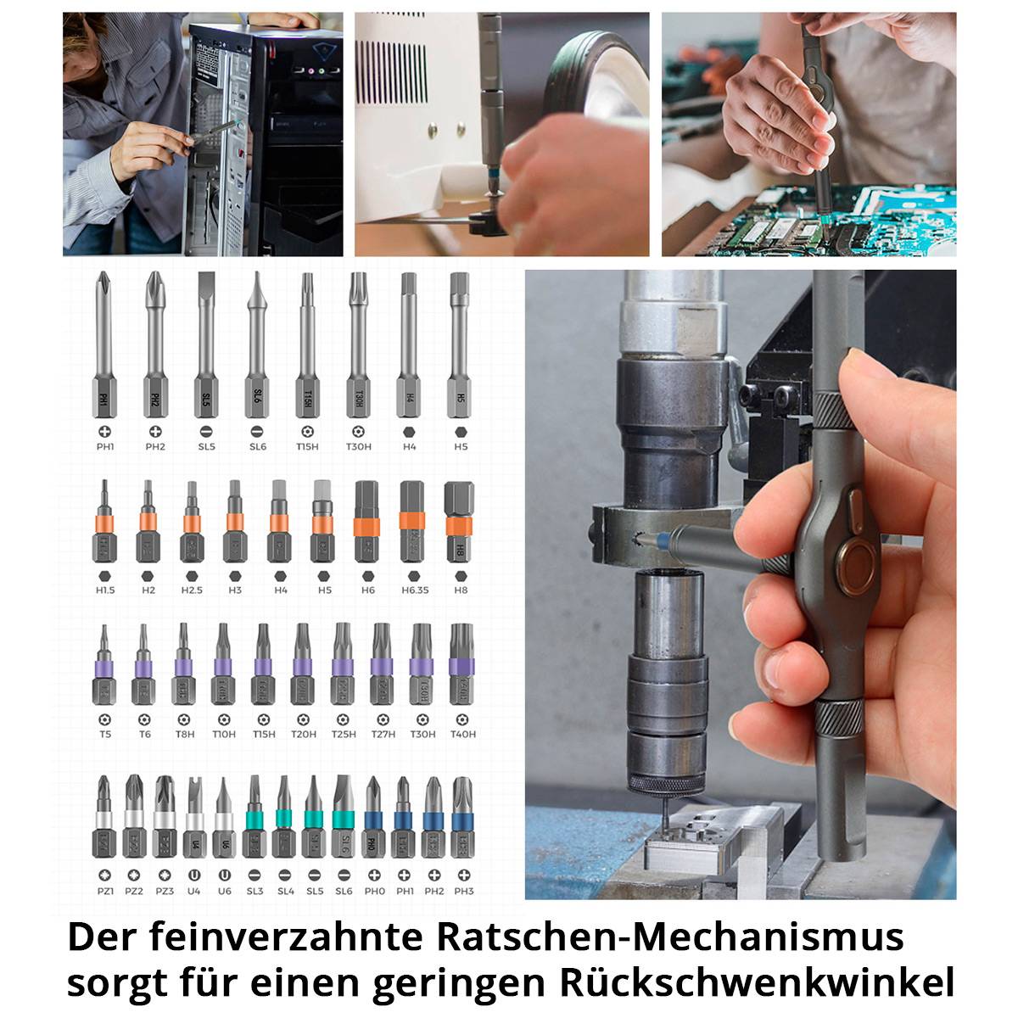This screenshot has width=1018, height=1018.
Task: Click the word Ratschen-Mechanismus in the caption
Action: coord(670,937)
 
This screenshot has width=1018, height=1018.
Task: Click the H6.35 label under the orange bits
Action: coord(411,590)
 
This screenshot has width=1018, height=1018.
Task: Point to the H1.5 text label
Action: coord(105,590)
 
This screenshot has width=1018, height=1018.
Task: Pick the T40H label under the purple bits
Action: coord(462,734)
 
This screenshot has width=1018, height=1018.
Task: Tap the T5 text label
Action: coord(105,734)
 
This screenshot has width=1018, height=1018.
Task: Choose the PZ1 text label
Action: coord(105,891)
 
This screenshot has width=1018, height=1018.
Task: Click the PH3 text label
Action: coord(463,891)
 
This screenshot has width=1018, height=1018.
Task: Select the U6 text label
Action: coord(224,891)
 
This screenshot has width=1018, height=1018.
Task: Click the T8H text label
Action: coord(184,734)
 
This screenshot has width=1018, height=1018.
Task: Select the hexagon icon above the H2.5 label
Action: coord(192,575)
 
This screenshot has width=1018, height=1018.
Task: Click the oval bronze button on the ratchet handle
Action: coord(853,562)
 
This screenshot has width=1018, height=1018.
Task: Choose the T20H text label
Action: coord(303,734)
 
